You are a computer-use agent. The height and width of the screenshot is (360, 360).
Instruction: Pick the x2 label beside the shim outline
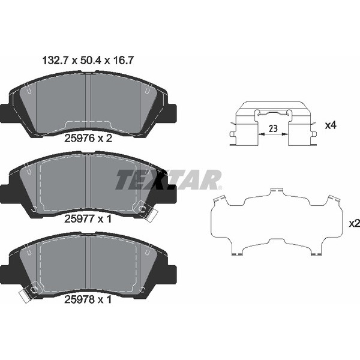353,223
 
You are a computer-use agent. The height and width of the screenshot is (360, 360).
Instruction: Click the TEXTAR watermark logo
169,179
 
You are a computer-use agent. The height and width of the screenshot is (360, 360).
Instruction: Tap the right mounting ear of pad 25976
170,112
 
